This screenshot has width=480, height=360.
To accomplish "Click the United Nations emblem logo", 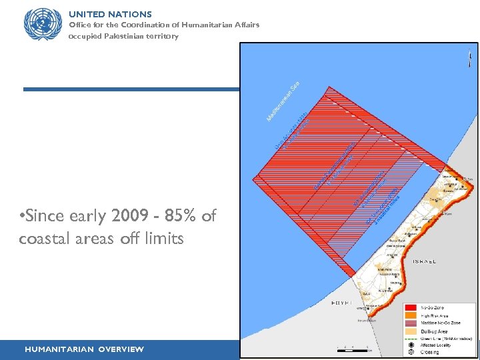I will point(41,25).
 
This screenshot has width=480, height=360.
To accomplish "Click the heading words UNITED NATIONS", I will point(110,14).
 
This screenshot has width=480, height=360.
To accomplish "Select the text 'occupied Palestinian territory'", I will point(123,36).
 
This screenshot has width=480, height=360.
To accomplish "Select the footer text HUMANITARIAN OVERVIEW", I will point(84,349).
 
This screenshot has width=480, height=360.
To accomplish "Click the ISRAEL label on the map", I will point(425,261).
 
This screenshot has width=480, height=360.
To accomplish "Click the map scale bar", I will point(353,348).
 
